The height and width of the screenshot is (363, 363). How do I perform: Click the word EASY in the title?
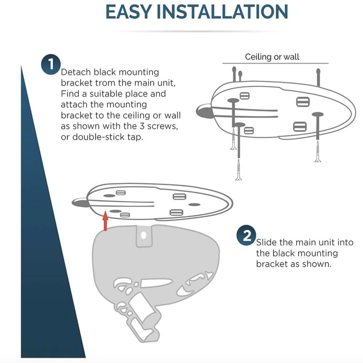[129, 12]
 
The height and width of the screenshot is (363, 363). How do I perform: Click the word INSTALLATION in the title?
[223, 12]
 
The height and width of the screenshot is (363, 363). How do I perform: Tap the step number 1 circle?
[51, 64]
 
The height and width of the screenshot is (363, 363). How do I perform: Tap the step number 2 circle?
[246, 235]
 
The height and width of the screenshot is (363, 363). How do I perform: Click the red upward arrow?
[105, 221]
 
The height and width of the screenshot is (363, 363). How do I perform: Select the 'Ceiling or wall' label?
[272, 57]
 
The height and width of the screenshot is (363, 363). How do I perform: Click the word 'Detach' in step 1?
[76, 72]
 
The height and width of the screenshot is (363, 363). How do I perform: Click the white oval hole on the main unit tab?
[143, 236]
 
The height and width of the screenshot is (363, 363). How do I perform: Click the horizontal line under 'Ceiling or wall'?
[276, 63]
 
